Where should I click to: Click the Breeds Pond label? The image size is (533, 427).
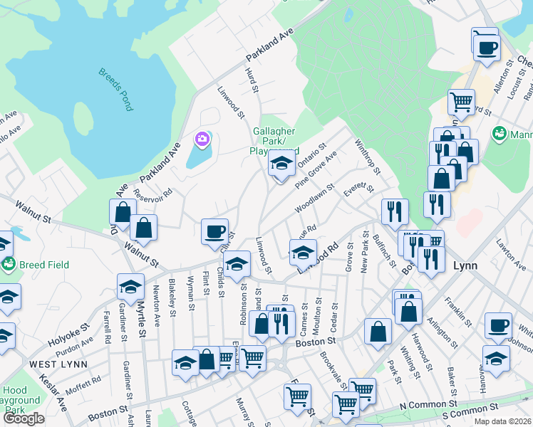tap(115, 89)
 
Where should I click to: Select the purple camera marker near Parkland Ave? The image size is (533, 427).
tap(202, 138)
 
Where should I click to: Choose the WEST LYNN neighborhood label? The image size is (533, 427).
tap(58, 364)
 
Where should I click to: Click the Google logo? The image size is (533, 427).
tap(24, 418)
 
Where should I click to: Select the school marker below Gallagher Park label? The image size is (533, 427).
tap(281, 164)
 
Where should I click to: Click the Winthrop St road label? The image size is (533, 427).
tap(368, 158)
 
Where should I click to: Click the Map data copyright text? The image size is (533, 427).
tap(502, 421)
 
